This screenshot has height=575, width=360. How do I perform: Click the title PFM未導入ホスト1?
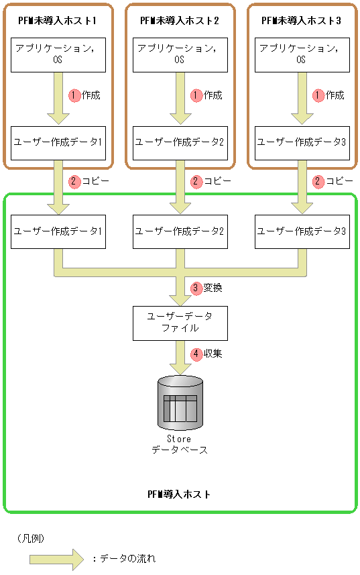58,21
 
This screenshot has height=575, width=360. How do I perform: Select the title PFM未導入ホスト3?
302,21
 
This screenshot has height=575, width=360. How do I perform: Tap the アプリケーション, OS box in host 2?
180,54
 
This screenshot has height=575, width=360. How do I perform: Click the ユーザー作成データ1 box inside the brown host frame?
58,142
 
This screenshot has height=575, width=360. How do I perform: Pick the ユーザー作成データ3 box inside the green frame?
302,231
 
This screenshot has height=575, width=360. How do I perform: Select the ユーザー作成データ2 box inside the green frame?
180,231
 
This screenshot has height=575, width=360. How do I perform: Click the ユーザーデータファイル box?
179,322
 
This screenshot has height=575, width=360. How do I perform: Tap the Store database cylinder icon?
180,402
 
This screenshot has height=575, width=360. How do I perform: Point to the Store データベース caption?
179,444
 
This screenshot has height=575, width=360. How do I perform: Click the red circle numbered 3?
196,288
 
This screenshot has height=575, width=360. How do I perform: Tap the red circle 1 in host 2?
196,95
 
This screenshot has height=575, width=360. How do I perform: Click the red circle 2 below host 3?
318,181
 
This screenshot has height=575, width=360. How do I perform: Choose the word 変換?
213,288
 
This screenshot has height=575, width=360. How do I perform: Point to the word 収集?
213,353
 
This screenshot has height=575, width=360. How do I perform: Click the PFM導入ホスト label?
179,494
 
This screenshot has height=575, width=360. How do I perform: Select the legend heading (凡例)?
31,538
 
